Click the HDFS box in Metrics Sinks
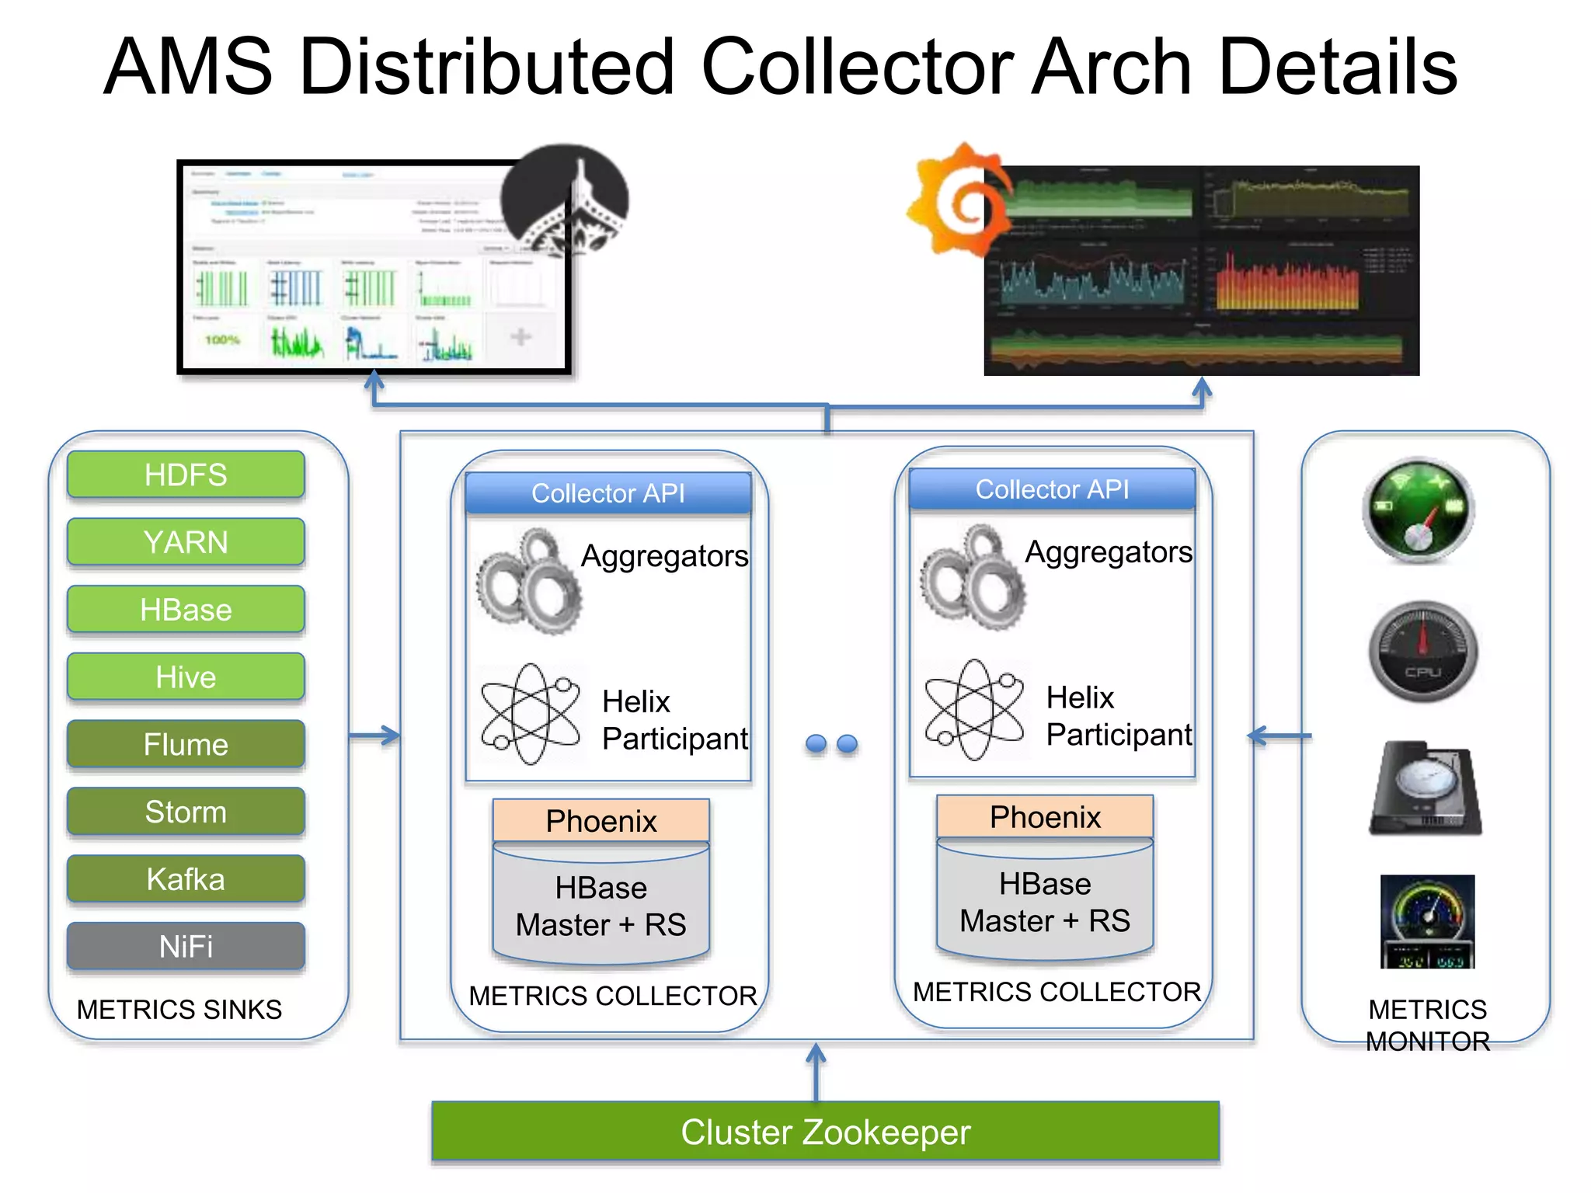click(x=186, y=475)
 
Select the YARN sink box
click(x=186, y=542)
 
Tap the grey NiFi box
click(x=186, y=946)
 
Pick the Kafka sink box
click(x=186, y=879)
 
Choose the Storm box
click(x=186, y=812)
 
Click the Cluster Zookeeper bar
click(x=825, y=1132)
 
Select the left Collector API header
click(x=608, y=493)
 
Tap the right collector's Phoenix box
click(x=1045, y=817)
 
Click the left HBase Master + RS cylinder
click(x=601, y=906)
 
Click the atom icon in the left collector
click(x=531, y=713)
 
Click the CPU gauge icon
click(x=1422, y=652)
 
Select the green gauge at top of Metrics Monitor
click(x=1419, y=510)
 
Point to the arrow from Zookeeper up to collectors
click(x=816, y=1072)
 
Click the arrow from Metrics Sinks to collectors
click(x=375, y=735)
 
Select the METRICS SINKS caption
click(x=179, y=1009)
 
